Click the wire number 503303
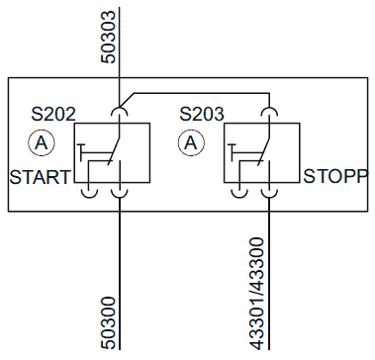109,37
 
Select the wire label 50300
109,322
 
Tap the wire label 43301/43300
257,294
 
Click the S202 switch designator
53,114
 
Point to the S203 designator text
202,114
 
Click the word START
41,177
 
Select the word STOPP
335,176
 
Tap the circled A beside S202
42,143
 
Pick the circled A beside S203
191,143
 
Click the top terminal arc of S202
119,108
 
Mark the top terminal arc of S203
269,108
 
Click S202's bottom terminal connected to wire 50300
119,197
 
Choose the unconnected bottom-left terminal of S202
89,197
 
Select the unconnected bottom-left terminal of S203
239,197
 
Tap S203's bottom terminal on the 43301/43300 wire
269,197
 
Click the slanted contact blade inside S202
114,150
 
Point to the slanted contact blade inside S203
264,150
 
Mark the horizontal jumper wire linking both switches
202,93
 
